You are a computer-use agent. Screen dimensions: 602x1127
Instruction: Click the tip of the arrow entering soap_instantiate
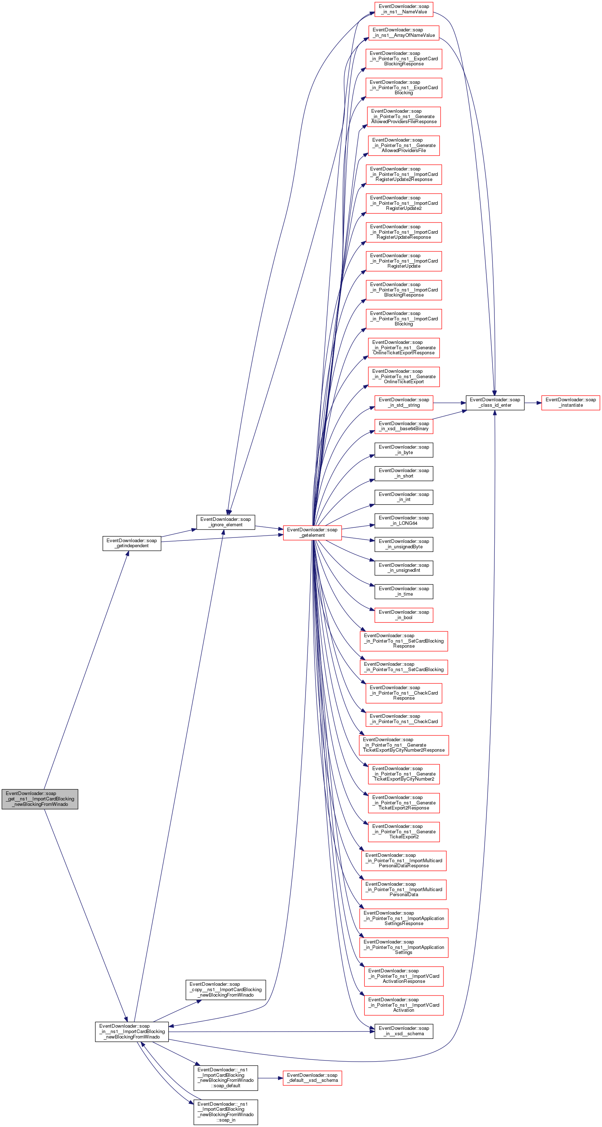542,402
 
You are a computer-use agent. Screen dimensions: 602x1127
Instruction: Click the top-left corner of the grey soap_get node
2,790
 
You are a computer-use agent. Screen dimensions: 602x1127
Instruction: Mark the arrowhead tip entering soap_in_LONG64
375,525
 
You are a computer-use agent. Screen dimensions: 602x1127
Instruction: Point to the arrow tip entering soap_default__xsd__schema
283,1078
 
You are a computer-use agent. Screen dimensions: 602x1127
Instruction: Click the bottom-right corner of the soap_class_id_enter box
524,410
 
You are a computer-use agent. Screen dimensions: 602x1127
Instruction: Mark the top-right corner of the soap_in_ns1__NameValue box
433,2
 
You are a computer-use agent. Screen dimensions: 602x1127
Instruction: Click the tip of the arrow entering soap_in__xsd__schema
375,1032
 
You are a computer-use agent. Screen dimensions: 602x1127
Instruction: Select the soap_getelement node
312,532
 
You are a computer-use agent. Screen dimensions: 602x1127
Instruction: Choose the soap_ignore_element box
225,522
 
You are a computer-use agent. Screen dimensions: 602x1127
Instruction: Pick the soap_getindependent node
132,543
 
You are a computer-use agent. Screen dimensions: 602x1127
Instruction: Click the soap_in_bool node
404,615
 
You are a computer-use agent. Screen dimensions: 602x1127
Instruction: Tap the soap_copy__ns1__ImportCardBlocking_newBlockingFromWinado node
225,990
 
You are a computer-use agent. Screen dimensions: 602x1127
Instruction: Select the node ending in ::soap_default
225,1078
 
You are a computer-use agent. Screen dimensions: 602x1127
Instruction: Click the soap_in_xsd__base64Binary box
404,426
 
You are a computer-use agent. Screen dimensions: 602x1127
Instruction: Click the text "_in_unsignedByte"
404,547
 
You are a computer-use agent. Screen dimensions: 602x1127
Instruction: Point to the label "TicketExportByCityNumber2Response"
404,750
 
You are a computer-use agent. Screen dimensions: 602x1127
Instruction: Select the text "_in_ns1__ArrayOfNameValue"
404,35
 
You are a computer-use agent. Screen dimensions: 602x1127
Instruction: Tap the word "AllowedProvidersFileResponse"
404,122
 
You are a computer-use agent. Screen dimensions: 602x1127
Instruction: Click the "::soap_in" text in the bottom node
226,1120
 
